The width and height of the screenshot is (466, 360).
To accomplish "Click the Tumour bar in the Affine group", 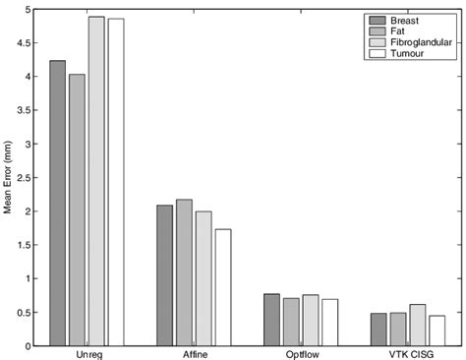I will (x=223, y=287).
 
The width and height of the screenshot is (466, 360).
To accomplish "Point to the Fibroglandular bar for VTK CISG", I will (x=418, y=325).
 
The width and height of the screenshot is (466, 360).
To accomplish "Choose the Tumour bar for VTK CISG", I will (x=437, y=330).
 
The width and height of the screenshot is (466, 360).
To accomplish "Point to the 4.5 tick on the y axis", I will (x=26, y=43).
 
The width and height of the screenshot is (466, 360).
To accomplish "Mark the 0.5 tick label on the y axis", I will (x=26, y=313).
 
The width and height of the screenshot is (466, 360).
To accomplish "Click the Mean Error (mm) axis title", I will (x=9, y=178).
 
